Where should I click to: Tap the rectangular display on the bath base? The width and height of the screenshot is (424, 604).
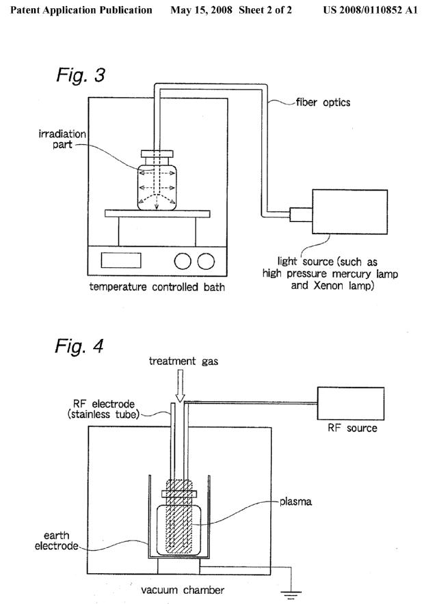pos(121,260)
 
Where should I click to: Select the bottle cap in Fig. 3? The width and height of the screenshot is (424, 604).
pos(157,155)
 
